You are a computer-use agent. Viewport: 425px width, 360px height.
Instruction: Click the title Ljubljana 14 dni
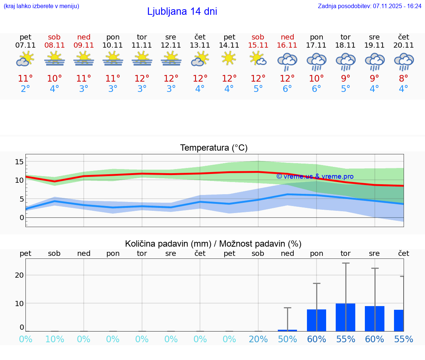pyautogui.click(x=182, y=11)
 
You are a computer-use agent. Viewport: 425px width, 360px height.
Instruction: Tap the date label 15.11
pyautogui.click(x=258, y=45)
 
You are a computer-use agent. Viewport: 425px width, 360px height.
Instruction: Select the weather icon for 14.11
pyautogui.click(x=229, y=58)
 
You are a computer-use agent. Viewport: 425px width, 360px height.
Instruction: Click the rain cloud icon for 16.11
pyautogui.click(x=287, y=61)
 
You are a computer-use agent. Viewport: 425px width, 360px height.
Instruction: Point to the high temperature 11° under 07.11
pyautogui.click(x=25, y=79)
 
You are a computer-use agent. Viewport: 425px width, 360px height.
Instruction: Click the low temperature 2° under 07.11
pyautogui.click(x=25, y=89)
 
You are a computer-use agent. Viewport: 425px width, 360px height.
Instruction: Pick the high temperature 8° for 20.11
pyautogui.click(x=404, y=79)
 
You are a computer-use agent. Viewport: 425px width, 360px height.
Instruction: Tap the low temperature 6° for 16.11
pyautogui.click(x=287, y=89)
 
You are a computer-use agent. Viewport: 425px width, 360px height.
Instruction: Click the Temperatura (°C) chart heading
pyautogui.click(x=214, y=148)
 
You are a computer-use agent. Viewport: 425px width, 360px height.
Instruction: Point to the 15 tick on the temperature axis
pyautogui.click(x=19, y=161)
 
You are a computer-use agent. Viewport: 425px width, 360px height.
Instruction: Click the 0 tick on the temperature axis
pyautogui.click(x=22, y=217)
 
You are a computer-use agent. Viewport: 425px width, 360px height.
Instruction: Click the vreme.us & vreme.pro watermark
pyautogui.click(x=315, y=176)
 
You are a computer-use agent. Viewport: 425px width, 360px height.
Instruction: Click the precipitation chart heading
pyautogui.click(x=213, y=244)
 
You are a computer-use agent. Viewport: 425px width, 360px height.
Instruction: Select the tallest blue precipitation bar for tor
pyautogui.click(x=345, y=317)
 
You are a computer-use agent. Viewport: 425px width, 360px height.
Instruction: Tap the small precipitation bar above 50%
pyautogui.click(x=287, y=330)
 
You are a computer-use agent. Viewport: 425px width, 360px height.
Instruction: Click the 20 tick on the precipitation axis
pyautogui.click(x=19, y=275)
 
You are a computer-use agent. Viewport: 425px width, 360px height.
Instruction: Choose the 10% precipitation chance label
pyautogui.click(x=55, y=339)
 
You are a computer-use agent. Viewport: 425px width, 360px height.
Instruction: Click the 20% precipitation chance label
pyautogui.click(x=258, y=339)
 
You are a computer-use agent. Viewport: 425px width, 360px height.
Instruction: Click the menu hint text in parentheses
pyautogui.click(x=41, y=6)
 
